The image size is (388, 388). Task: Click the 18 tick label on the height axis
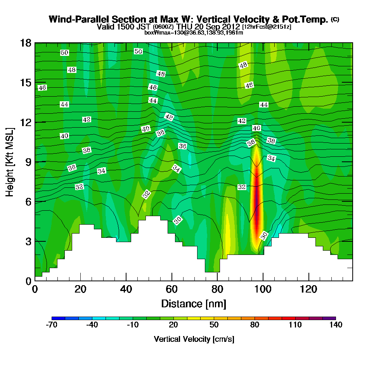pyautogui.click(x=25, y=43)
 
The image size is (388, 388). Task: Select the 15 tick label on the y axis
pyautogui.click(x=25, y=83)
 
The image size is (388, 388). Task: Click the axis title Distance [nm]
pyautogui.click(x=194, y=303)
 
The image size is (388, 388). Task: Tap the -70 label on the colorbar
pyautogui.click(x=52, y=325)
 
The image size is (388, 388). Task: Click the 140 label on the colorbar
pyautogui.click(x=336, y=325)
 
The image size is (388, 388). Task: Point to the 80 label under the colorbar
pyautogui.click(x=255, y=325)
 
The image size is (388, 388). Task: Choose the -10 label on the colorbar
pyautogui.click(x=133, y=325)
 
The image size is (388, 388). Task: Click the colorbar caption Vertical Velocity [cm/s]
pyautogui.click(x=194, y=339)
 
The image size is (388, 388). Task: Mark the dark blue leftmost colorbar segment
pyautogui.click(x=55, y=318)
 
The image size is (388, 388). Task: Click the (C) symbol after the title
pyautogui.click(x=335, y=19)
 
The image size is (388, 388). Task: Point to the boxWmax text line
pyautogui.click(x=194, y=33)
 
